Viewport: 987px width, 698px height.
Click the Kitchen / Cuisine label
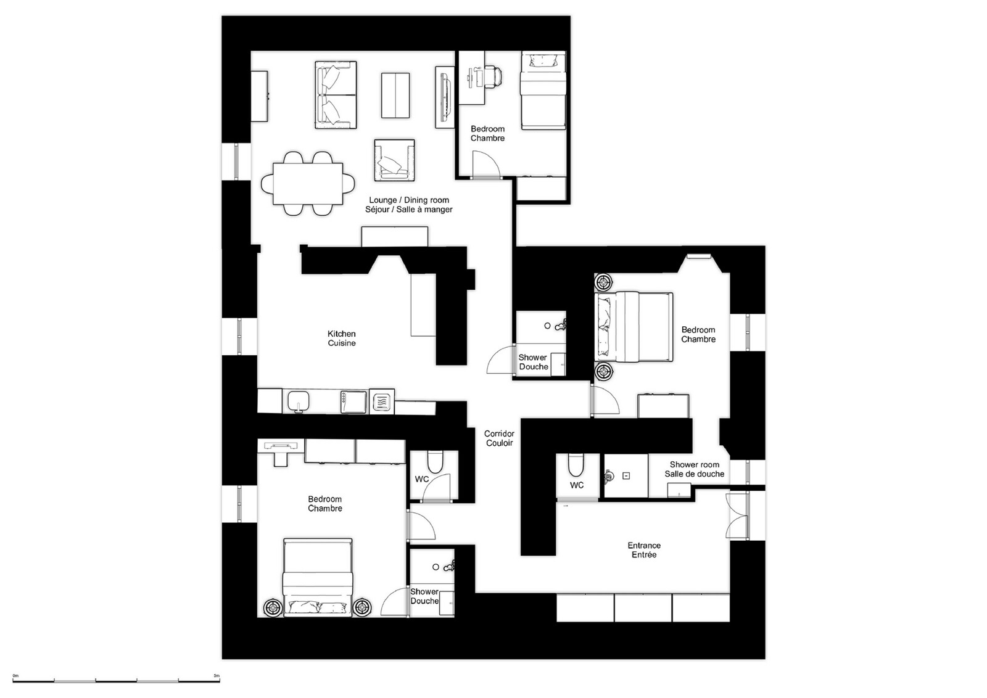point(342,339)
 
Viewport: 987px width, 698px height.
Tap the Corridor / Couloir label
point(499,438)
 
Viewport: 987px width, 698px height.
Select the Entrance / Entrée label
point(644,550)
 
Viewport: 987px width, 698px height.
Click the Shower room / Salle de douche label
point(695,469)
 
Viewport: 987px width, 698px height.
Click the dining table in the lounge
point(308,184)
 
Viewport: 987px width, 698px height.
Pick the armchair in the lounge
point(394,160)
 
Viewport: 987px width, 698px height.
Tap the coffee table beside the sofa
point(395,96)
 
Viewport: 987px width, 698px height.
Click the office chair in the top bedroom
point(494,77)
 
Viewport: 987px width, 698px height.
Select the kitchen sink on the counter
point(299,401)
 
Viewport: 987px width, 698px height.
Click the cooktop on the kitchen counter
point(382,401)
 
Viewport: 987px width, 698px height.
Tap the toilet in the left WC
point(435,461)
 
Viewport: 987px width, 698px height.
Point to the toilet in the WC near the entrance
point(576,465)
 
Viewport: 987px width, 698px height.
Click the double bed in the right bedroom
point(634,327)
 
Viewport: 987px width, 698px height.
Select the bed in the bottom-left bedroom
point(318,577)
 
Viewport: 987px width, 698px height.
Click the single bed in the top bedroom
point(543,90)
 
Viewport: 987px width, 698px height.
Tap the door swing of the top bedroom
point(487,164)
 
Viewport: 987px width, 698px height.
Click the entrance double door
point(737,515)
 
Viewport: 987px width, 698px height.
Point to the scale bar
point(116,681)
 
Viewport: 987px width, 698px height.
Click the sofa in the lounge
point(336,95)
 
